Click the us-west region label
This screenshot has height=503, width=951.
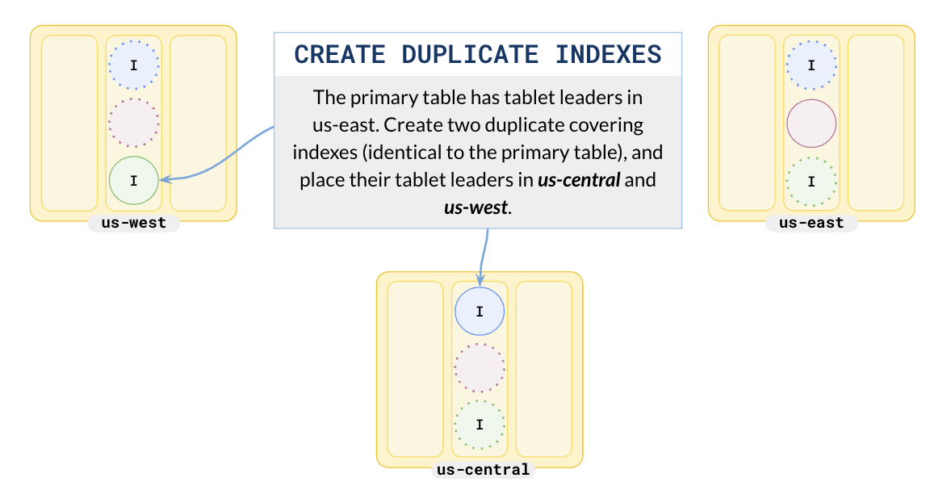tap(133, 223)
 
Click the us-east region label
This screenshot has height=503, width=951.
tap(811, 223)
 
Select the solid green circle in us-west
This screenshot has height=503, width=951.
tap(133, 180)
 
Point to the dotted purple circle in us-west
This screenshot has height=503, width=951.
tap(133, 123)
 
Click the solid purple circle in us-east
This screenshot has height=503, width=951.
tap(811, 123)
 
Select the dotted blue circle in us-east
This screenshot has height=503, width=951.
tap(811, 65)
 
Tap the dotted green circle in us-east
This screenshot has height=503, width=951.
tap(811, 181)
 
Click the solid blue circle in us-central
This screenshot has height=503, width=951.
tap(480, 311)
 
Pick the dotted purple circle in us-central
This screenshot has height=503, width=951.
tap(480, 367)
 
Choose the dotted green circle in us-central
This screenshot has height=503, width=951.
tap(480, 425)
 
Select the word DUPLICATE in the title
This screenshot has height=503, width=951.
tap(469, 55)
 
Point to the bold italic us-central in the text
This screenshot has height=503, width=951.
tap(578, 179)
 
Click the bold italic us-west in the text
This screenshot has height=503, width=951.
tap(475, 206)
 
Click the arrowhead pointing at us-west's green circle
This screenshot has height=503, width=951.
tap(165, 179)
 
